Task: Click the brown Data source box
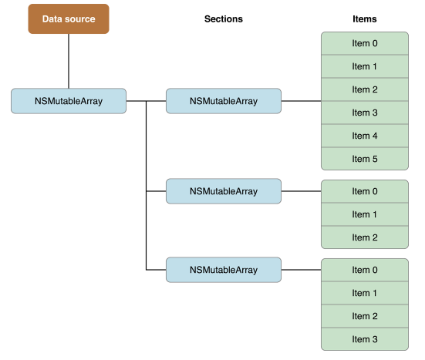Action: pos(69,19)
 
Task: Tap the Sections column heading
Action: pos(224,19)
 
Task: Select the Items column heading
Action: pos(365,19)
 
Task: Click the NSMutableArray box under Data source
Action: pos(69,101)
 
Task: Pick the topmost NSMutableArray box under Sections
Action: pos(224,101)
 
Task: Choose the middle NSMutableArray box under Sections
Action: pos(224,191)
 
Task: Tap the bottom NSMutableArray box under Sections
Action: pos(224,270)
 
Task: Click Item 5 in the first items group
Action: pos(365,159)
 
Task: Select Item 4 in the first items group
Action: pos(365,136)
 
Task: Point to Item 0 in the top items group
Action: pos(365,43)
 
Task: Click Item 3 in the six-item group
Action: pos(365,113)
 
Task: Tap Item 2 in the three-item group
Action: pos(365,237)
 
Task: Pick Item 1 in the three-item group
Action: pos(365,214)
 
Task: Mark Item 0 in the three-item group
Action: pos(365,191)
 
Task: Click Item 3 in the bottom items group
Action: pos(365,339)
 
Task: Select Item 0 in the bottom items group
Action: pos(365,270)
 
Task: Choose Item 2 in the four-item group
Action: pos(365,316)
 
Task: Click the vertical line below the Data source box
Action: pos(69,61)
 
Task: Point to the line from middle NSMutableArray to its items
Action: pos(301,191)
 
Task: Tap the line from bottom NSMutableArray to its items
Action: pos(301,270)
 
